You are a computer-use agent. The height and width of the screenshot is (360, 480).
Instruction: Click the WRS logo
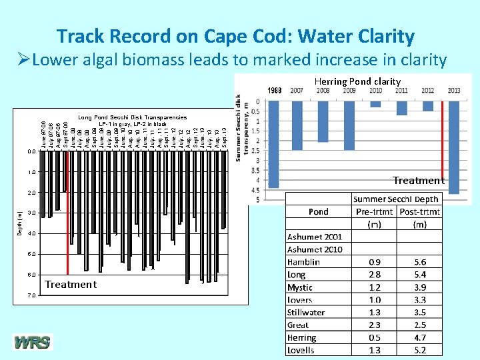click(31, 343)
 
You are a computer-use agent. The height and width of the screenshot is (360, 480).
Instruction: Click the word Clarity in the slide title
click(378, 36)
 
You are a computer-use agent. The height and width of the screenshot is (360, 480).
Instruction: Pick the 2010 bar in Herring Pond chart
click(375, 104)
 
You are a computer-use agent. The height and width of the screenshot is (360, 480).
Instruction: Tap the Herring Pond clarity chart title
click(358, 81)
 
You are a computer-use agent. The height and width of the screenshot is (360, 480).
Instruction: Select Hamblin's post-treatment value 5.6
click(419, 262)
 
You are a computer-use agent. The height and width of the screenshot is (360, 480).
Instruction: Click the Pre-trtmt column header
click(375, 211)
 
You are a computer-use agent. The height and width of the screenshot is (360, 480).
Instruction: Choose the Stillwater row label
click(307, 312)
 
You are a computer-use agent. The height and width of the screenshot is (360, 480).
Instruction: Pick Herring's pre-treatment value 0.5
click(375, 337)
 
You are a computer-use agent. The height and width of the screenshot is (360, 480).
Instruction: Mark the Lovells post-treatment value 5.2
click(419, 350)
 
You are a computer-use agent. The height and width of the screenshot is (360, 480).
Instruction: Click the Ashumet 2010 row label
click(315, 249)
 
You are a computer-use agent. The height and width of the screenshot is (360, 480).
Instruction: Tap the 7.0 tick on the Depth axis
click(32, 295)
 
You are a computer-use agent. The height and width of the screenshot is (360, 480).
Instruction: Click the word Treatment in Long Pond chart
click(71, 284)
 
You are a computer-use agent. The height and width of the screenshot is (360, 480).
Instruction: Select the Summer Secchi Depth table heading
click(396, 199)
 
